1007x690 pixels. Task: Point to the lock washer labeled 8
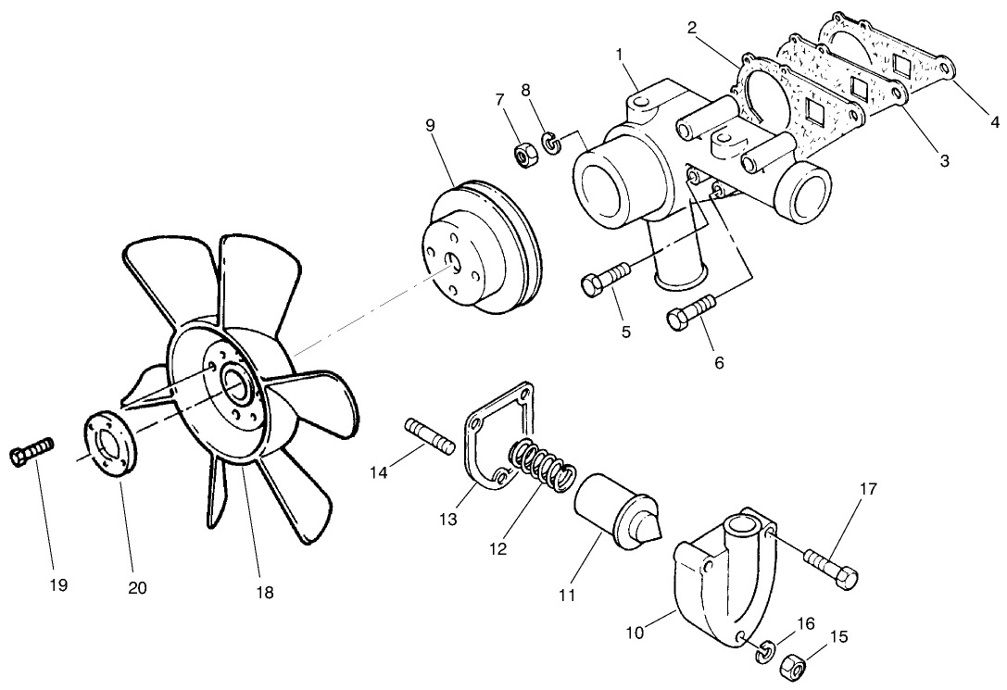[x=552, y=143]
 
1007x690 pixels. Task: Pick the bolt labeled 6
[x=689, y=312]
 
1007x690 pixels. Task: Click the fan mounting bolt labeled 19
[x=31, y=451]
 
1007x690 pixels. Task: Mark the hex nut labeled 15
[x=793, y=667]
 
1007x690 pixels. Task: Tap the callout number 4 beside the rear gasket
[x=995, y=120]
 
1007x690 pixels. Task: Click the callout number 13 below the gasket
[x=448, y=521]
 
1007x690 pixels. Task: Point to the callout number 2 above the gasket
[x=691, y=27]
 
